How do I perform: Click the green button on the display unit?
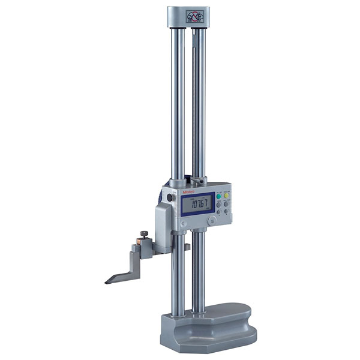(219, 195)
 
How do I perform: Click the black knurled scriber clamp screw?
(144, 234)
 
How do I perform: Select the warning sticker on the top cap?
(196, 16)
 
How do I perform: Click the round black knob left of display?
(170, 197)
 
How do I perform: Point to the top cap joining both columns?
(189, 17)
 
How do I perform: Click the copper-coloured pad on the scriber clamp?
(139, 241)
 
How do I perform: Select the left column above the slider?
(178, 102)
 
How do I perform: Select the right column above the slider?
(199, 102)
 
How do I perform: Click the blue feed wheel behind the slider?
(161, 198)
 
